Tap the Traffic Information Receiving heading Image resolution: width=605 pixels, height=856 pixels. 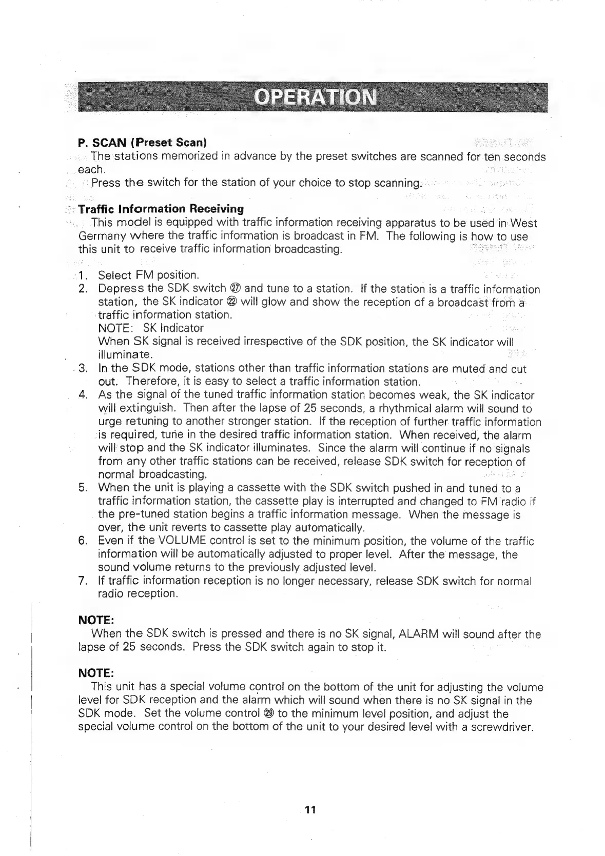click(161, 209)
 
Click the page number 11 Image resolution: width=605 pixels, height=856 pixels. click(310, 810)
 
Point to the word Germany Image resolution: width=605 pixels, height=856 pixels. click(101, 236)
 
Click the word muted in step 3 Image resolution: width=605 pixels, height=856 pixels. click(464, 369)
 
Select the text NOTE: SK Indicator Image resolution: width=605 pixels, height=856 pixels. click(150, 328)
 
